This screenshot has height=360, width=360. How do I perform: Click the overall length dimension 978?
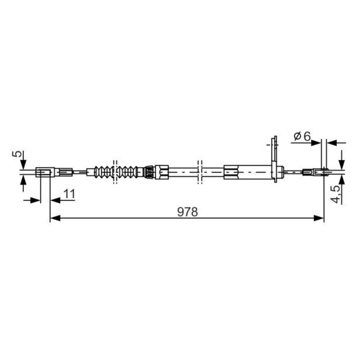[x=187, y=212]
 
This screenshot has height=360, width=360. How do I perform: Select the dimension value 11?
[x=69, y=194]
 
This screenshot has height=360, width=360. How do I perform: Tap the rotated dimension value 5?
[x=18, y=153]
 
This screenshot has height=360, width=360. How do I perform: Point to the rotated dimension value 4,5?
[x=336, y=194]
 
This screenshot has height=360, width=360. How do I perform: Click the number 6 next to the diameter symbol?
[x=307, y=136]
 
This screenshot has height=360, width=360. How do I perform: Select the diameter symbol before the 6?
[x=297, y=137]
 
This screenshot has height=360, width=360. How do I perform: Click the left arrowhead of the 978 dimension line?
[x=55, y=218]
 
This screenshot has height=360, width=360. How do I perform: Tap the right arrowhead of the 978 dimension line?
[x=319, y=218]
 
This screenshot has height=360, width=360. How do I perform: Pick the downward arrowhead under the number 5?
[x=23, y=164]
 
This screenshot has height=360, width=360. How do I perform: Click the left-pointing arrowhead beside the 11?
[x=55, y=200]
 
